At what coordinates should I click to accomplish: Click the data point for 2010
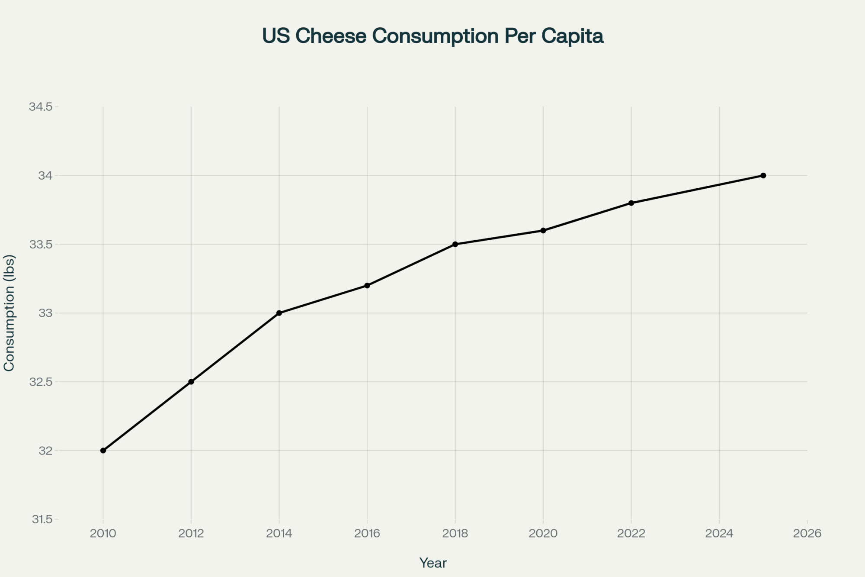103,451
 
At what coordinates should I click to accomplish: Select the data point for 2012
191,382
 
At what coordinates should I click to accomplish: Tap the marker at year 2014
279,313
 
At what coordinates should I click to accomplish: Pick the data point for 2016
367,286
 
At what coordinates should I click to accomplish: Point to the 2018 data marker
455,244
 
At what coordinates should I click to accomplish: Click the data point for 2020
543,231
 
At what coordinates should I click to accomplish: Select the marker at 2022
631,203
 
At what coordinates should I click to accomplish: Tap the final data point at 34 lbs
763,176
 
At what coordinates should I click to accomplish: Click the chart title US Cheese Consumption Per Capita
432,36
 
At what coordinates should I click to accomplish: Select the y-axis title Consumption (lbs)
10,313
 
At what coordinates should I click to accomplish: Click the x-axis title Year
433,563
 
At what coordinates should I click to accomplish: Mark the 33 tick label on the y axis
45,313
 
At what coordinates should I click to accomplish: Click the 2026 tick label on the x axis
807,534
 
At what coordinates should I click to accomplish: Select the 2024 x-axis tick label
719,534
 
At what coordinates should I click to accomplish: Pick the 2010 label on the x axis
103,534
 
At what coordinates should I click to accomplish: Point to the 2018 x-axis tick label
455,534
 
